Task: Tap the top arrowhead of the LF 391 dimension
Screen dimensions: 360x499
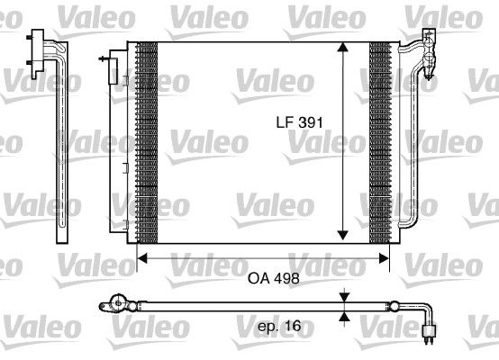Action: tap(342, 48)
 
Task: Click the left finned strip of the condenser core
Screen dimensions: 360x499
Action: tap(146, 144)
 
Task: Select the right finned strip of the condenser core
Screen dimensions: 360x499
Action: tap(381, 144)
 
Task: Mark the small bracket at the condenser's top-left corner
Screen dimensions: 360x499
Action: tap(111, 63)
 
